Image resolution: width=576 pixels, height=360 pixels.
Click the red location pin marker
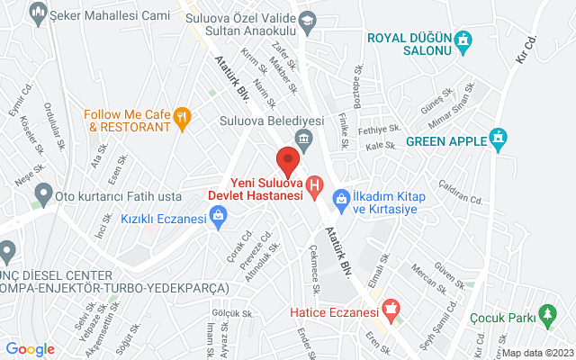click(x=287, y=160)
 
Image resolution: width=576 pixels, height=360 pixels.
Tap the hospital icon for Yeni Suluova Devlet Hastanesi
click(x=314, y=187)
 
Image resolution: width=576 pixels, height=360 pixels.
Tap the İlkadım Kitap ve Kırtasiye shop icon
click(x=341, y=197)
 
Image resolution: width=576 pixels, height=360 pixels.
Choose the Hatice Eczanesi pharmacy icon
click(x=391, y=311)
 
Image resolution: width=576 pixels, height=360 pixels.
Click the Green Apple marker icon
click(x=499, y=139)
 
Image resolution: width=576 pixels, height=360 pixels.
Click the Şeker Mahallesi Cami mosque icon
click(x=38, y=13)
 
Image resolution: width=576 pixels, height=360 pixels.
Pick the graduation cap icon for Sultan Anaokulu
click(x=308, y=19)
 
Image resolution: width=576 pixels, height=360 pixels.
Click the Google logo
click(x=31, y=349)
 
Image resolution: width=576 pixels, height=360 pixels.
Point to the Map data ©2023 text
click(x=537, y=353)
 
